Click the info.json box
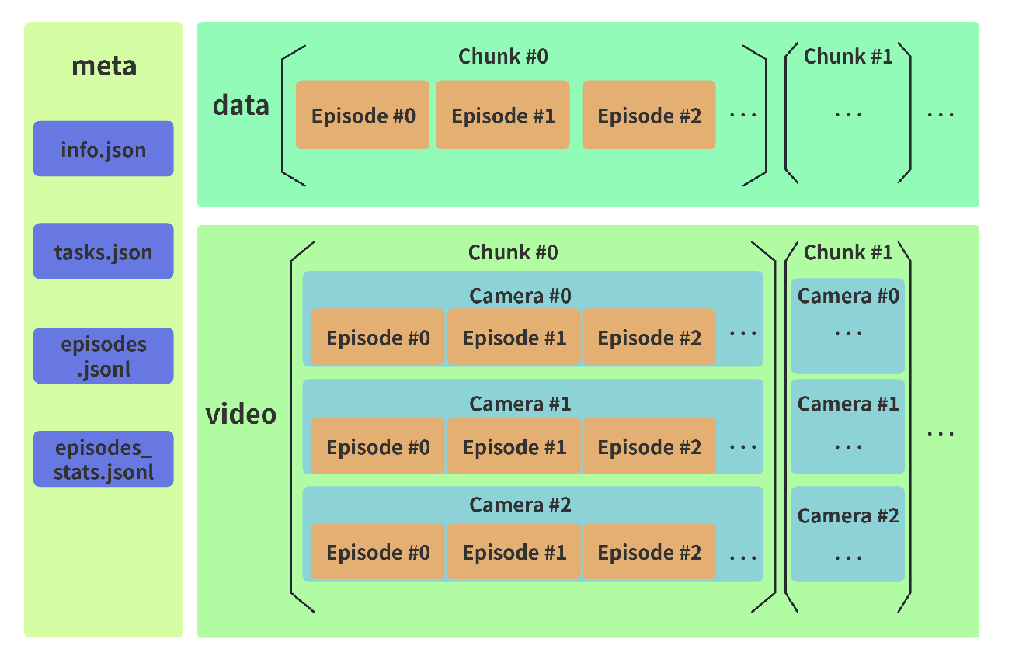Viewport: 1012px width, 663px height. (x=103, y=148)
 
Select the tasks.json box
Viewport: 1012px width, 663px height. (x=103, y=252)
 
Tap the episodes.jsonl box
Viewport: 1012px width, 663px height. (x=103, y=356)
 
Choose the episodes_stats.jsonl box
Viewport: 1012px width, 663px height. (x=103, y=459)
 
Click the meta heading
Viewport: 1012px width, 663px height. (x=104, y=67)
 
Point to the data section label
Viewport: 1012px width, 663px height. (x=241, y=105)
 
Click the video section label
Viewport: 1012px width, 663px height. (x=241, y=414)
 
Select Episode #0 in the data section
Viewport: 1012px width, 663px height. (x=363, y=115)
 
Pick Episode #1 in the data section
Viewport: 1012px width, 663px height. (x=503, y=115)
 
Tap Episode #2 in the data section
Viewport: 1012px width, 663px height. (x=649, y=115)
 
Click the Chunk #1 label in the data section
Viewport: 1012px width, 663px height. (x=848, y=56)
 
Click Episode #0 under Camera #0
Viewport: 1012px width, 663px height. (x=377, y=337)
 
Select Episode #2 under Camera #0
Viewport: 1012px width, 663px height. (x=649, y=337)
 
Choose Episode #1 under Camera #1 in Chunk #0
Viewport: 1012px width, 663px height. (x=513, y=446)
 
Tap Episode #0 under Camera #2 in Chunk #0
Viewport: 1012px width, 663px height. (x=377, y=552)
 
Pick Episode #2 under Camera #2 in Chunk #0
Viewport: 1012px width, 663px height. (x=649, y=552)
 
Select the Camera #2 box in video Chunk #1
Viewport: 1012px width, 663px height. (x=848, y=534)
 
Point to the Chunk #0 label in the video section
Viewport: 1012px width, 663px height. (x=513, y=252)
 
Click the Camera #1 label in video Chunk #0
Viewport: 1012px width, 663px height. (x=520, y=404)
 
